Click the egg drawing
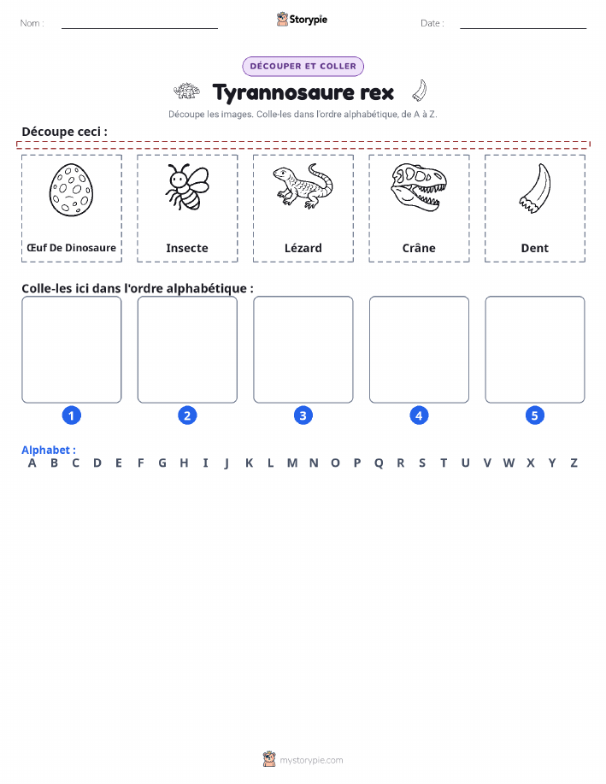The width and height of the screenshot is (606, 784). click(x=72, y=190)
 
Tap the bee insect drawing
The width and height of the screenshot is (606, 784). click(x=187, y=186)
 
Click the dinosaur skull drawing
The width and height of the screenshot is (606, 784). click(x=419, y=187)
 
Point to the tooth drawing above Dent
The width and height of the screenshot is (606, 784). click(x=535, y=188)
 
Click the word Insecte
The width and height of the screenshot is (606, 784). click(x=187, y=248)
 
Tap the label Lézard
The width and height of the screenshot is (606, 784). click(x=303, y=248)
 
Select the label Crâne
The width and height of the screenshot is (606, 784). click(x=419, y=248)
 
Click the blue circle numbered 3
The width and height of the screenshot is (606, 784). click(x=303, y=416)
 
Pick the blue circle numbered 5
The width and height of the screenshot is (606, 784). click(x=534, y=416)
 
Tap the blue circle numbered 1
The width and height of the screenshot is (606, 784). click(x=72, y=416)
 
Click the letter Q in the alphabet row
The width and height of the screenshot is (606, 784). click(x=379, y=463)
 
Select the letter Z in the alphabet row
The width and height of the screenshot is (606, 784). click(x=574, y=463)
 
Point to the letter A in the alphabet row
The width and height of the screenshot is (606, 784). click(x=32, y=463)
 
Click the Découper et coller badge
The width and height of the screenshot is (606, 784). click(x=303, y=67)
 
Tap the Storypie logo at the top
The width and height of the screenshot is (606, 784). click(x=302, y=20)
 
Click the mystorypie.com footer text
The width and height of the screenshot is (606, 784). click(x=311, y=760)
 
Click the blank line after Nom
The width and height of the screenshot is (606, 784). click(x=139, y=28)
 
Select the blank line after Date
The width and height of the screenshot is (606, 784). click(x=523, y=28)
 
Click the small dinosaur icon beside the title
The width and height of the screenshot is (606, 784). click(x=186, y=91)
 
